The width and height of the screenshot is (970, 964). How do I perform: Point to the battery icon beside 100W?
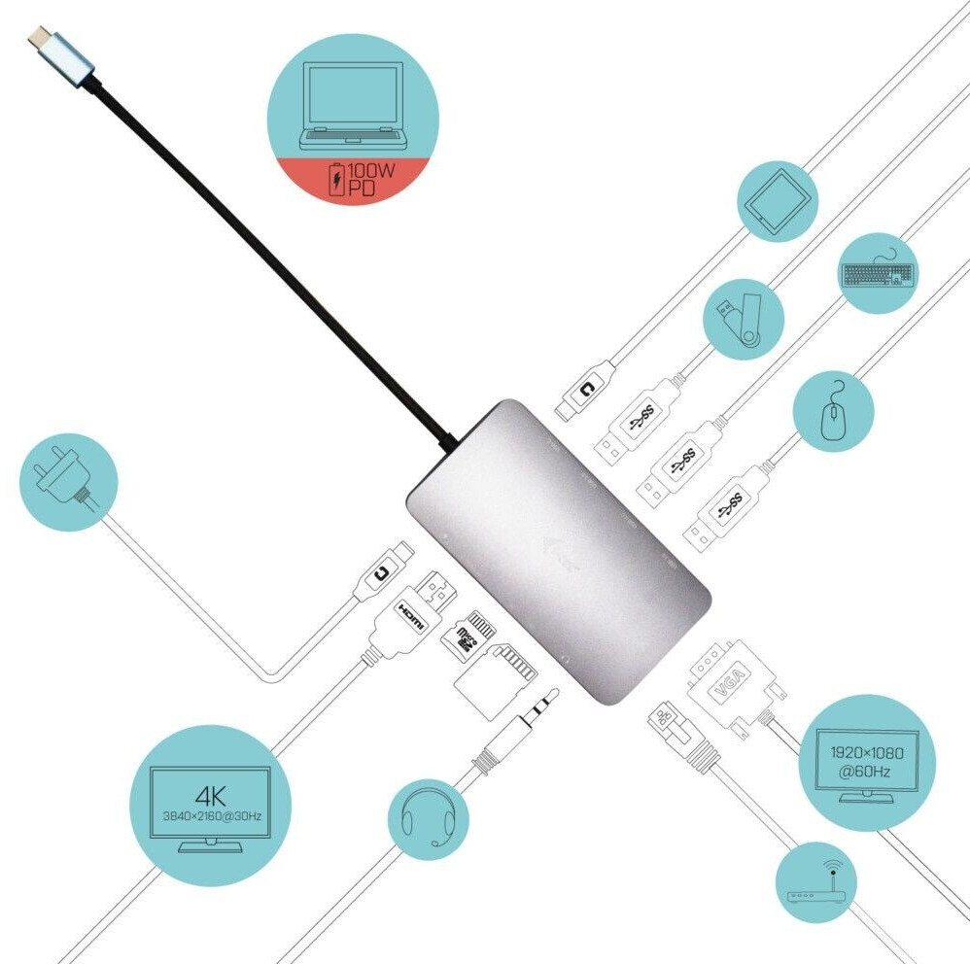(336, 180)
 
